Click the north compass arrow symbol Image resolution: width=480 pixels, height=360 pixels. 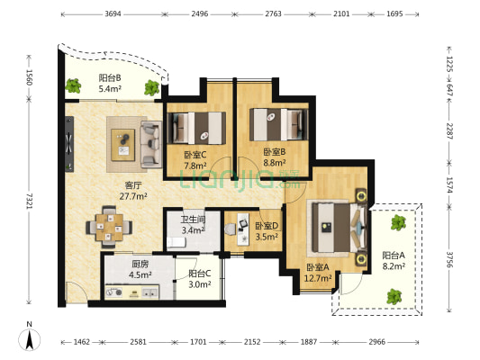point(30,340)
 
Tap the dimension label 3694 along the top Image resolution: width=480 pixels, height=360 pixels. point(113,14)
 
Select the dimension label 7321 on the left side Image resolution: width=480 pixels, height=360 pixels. point(30,202)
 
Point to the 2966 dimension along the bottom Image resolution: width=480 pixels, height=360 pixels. point(376,342)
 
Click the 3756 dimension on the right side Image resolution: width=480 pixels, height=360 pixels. point(449,259)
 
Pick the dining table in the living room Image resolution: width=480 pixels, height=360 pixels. point(109,227)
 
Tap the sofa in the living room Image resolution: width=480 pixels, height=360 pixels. point(151,144)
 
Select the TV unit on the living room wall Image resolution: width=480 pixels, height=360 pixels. point(69,144)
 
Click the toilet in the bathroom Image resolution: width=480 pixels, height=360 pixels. point(176,242)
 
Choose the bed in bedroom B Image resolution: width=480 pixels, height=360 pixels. point(278,124)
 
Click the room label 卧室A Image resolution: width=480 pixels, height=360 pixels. point(318,267)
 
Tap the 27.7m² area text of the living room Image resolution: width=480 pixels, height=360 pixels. point(133,196)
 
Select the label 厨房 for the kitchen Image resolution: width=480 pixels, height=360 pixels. point(140,264)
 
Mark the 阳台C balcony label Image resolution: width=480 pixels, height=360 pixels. point(200,273)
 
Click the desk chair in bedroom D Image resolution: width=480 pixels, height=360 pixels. point(231,229)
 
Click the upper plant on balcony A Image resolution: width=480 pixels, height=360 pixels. point(398,222)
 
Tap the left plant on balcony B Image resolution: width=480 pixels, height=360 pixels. point(73,85)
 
